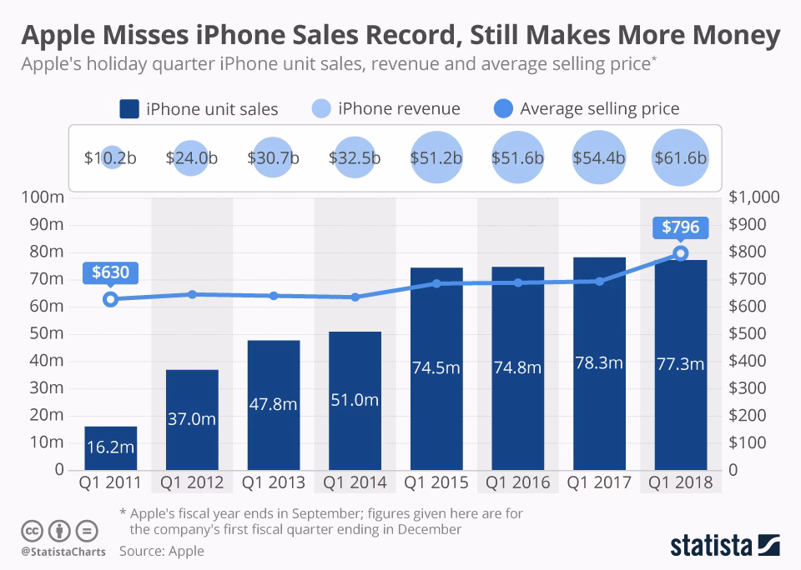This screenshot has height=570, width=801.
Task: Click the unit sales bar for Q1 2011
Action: (110, 447)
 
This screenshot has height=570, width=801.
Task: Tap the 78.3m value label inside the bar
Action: (599, 363)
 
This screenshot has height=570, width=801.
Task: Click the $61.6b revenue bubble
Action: (680, 158)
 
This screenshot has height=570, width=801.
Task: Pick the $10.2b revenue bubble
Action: (111, 158)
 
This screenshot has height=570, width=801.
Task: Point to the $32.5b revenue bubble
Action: (355, 158)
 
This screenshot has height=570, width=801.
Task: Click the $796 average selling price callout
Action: (681, 227)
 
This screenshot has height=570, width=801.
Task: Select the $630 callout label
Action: (110, 272)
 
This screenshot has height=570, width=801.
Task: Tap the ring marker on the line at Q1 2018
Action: (681, 253)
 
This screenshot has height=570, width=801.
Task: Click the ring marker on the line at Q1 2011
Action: (110, 299)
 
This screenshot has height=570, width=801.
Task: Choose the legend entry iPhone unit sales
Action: (199, 108)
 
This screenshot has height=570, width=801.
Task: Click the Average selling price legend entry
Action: (587, 108)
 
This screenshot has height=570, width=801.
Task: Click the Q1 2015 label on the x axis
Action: (436, 482)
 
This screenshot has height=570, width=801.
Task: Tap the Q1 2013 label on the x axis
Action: (273, 482)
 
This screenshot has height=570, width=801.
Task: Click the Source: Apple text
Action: (161, 551)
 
